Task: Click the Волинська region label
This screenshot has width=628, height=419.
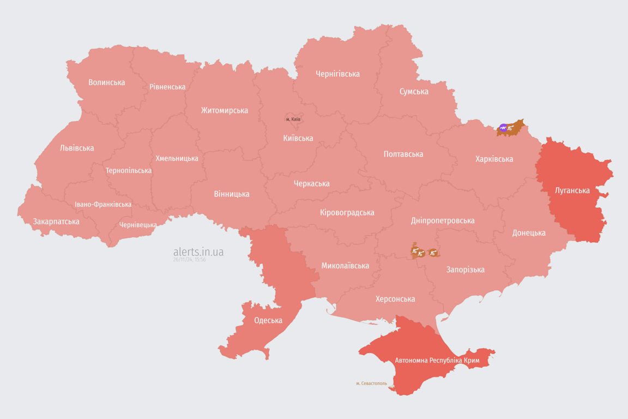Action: (x=106, y=82)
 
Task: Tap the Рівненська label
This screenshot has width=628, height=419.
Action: (x=167, y=87)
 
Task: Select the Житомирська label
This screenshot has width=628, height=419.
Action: (x=224, y=110)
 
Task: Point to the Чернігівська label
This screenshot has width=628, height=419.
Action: (x=337, y=74)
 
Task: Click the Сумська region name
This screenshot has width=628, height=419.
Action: (x=414, y=91)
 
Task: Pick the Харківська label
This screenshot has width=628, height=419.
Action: (x=494, y=159)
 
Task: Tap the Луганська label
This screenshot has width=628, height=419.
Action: (x=572, y=190)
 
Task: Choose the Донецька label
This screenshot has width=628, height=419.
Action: (x=528, y=232)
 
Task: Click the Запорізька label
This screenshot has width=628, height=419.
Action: (x=465, y=270)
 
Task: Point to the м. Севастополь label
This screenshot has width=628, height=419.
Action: (x=371, y=384)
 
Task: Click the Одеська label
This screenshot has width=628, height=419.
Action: (x=268, y=320)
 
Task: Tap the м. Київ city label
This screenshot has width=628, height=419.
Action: (x=293, y=119)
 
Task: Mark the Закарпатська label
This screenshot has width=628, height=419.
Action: (x=56, y=222)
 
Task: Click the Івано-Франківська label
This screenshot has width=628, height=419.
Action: (x=103, y=205)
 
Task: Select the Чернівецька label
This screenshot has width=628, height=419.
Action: (x=138, y=225)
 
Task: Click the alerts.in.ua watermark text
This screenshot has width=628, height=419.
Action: (x=198, y=252)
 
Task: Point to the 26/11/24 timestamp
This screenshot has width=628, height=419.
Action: (x=189, y=260)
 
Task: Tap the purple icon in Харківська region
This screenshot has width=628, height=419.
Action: (x=503, y=128)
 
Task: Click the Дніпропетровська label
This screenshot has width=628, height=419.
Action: (x=442, y=220)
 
